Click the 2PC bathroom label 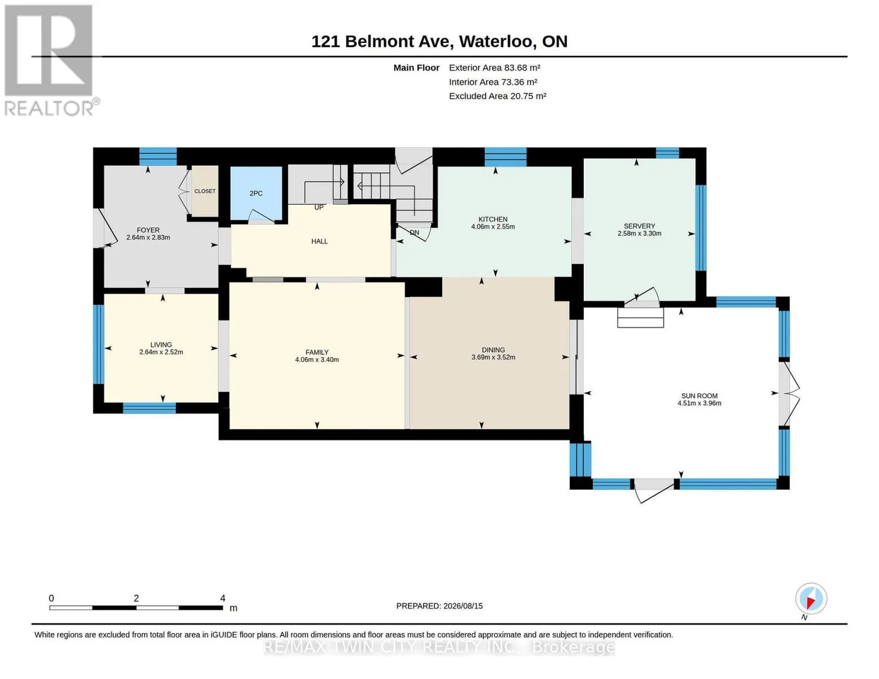(256, 194)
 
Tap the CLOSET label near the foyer (205, 191)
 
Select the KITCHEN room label (493, 220)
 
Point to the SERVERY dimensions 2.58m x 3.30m (639, 234)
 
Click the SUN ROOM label (699, 396)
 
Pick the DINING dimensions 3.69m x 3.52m (493, 357)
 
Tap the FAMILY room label (317, 353)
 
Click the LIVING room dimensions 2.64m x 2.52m (161, 352)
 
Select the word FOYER (148, 230)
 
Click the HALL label (319, 242)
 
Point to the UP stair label (319, 208)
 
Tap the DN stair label (414, 233)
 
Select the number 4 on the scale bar (222, 598)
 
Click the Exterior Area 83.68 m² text (494, 68)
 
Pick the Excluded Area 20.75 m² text (498, 96)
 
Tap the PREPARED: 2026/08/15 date (439, 606)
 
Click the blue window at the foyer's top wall (158, 157)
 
